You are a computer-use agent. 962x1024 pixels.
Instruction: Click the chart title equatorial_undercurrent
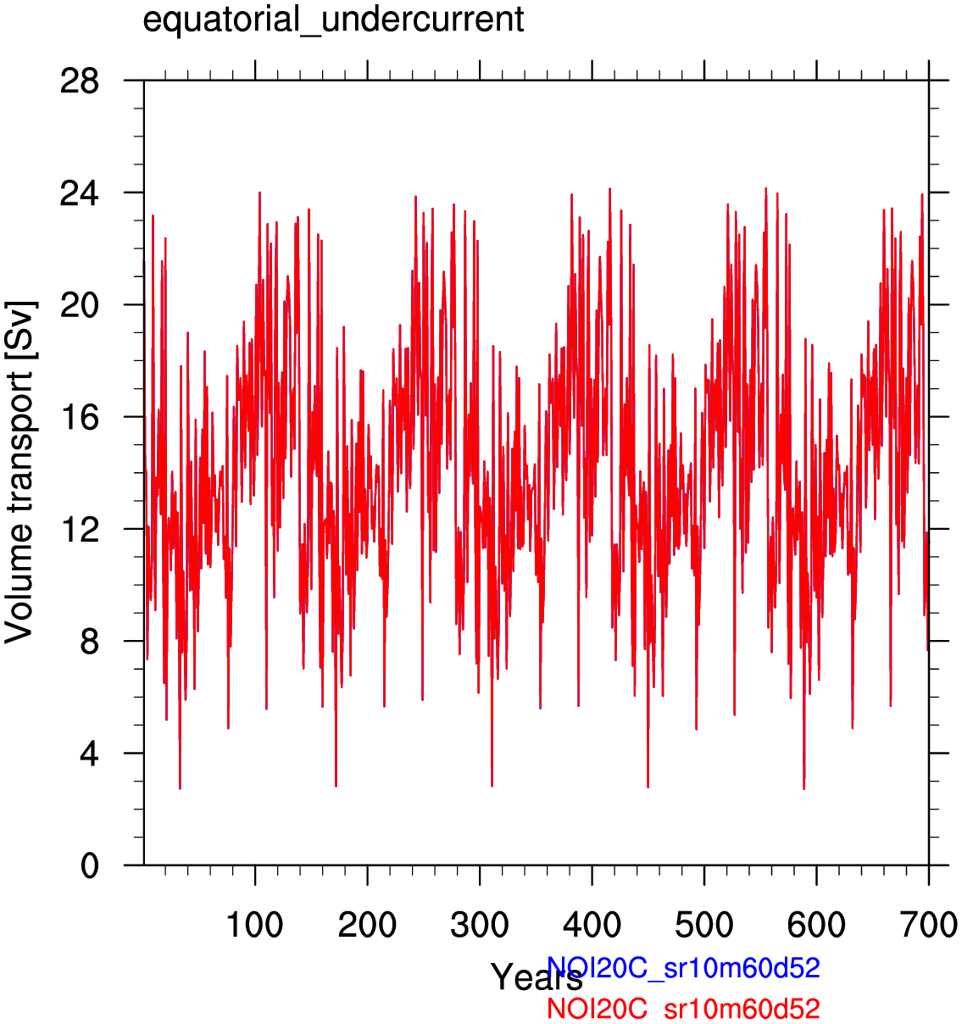[333, 19]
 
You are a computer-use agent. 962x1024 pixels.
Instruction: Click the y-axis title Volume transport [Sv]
[20, 471]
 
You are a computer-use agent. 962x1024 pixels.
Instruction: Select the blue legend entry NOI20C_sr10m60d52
[683, 968]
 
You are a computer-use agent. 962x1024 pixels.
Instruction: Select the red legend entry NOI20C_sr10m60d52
[683, 1009]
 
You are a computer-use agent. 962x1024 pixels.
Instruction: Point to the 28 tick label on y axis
[80, 81]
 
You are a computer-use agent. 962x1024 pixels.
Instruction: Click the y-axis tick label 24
[80, 194]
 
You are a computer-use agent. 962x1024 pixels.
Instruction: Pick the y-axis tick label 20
[80, 306]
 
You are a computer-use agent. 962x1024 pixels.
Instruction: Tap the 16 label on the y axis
[80, 418]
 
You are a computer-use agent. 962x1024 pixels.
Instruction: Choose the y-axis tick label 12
[80, 530]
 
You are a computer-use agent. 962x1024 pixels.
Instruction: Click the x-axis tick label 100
[254, 925]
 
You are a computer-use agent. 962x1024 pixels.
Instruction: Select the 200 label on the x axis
[367, 925]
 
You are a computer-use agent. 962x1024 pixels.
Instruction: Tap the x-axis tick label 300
[480, 925]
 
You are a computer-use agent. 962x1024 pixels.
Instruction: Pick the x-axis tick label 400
[592, 925]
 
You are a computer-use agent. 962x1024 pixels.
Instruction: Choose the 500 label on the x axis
[704, 925]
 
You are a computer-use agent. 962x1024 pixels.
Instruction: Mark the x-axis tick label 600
[816, 925]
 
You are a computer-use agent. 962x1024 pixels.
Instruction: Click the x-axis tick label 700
[928, 925]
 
